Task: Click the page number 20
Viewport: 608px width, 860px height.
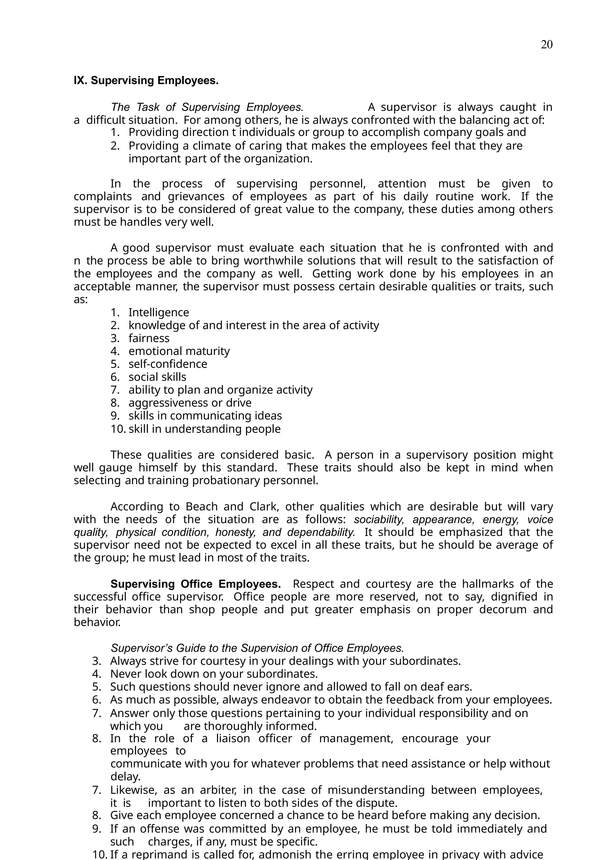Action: [547, 45]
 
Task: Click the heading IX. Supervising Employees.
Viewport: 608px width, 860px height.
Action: [146, 80]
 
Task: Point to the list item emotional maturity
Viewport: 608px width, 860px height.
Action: [179, 351]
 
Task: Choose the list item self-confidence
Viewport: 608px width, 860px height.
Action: [168, 364]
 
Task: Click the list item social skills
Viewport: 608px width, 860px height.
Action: [157, 377]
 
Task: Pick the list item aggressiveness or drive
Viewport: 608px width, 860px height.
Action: [190, 403]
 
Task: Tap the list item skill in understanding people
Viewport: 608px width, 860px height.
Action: [205, 429]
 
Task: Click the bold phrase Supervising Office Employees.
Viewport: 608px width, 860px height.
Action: [196, 584]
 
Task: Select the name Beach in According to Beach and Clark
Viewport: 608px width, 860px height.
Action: [202, 506]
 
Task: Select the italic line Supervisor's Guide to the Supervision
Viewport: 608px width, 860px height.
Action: [257, 648]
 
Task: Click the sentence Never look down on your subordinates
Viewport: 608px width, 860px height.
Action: [214, 674]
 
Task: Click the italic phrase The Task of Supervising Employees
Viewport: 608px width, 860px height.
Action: [207, 107]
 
